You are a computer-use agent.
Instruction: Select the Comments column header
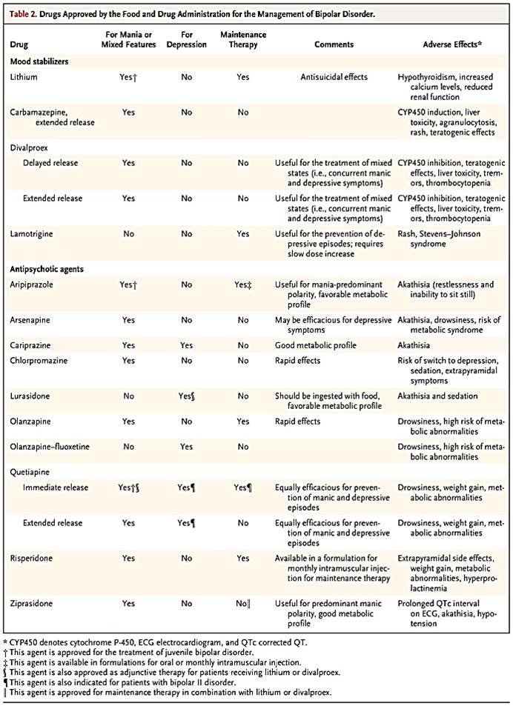[334, 44]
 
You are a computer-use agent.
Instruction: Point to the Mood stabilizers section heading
[39, 61]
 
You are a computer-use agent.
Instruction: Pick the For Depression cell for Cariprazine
[186, 345]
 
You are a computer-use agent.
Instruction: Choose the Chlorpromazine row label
[38, 361]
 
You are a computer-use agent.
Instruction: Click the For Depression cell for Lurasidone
[186, 396]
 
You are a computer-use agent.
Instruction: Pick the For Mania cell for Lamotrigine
[128, 234]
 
